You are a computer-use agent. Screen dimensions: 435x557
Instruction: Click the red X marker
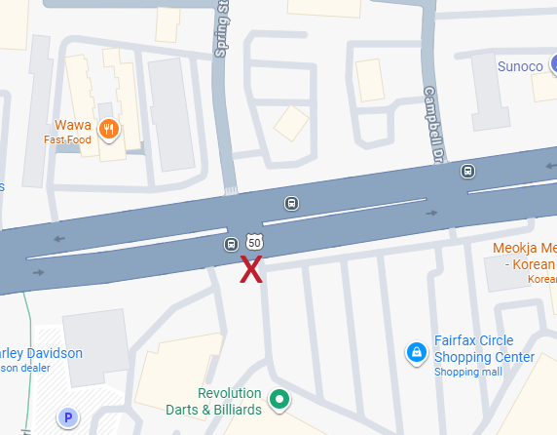tap(251, 269)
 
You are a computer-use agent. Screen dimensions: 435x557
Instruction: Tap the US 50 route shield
tap(254, 241)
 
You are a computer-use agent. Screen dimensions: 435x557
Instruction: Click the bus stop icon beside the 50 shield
tap(232, 244)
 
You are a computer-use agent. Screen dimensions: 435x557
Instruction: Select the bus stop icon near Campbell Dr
tap(468, 172)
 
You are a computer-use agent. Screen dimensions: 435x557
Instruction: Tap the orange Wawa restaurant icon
tap(109, 127)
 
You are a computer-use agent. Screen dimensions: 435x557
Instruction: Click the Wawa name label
tap(73, 126)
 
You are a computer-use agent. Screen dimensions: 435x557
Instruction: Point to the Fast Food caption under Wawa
tap(67, 139)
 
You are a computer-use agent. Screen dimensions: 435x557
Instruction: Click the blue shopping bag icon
tap(416, 351)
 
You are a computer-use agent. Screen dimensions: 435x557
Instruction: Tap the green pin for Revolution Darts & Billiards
tap(280, 398)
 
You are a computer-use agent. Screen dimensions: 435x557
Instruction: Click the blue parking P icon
tap(68, 419)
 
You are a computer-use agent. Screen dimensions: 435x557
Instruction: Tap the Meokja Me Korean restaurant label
tap(524, 256)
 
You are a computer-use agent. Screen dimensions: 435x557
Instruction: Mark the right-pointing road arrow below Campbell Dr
tap(430, 211)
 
